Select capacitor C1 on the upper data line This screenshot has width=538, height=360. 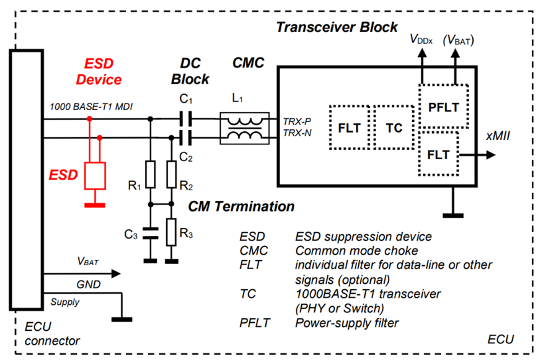click(185, 116)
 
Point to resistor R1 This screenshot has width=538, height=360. click(149, 174)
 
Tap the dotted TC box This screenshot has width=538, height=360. click(394, 128)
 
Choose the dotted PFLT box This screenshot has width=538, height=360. click(443, 107)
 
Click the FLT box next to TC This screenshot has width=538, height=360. click(350, 128)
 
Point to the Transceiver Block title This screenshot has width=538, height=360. click(337, 27)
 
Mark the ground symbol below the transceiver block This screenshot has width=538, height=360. click(454, 213)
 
